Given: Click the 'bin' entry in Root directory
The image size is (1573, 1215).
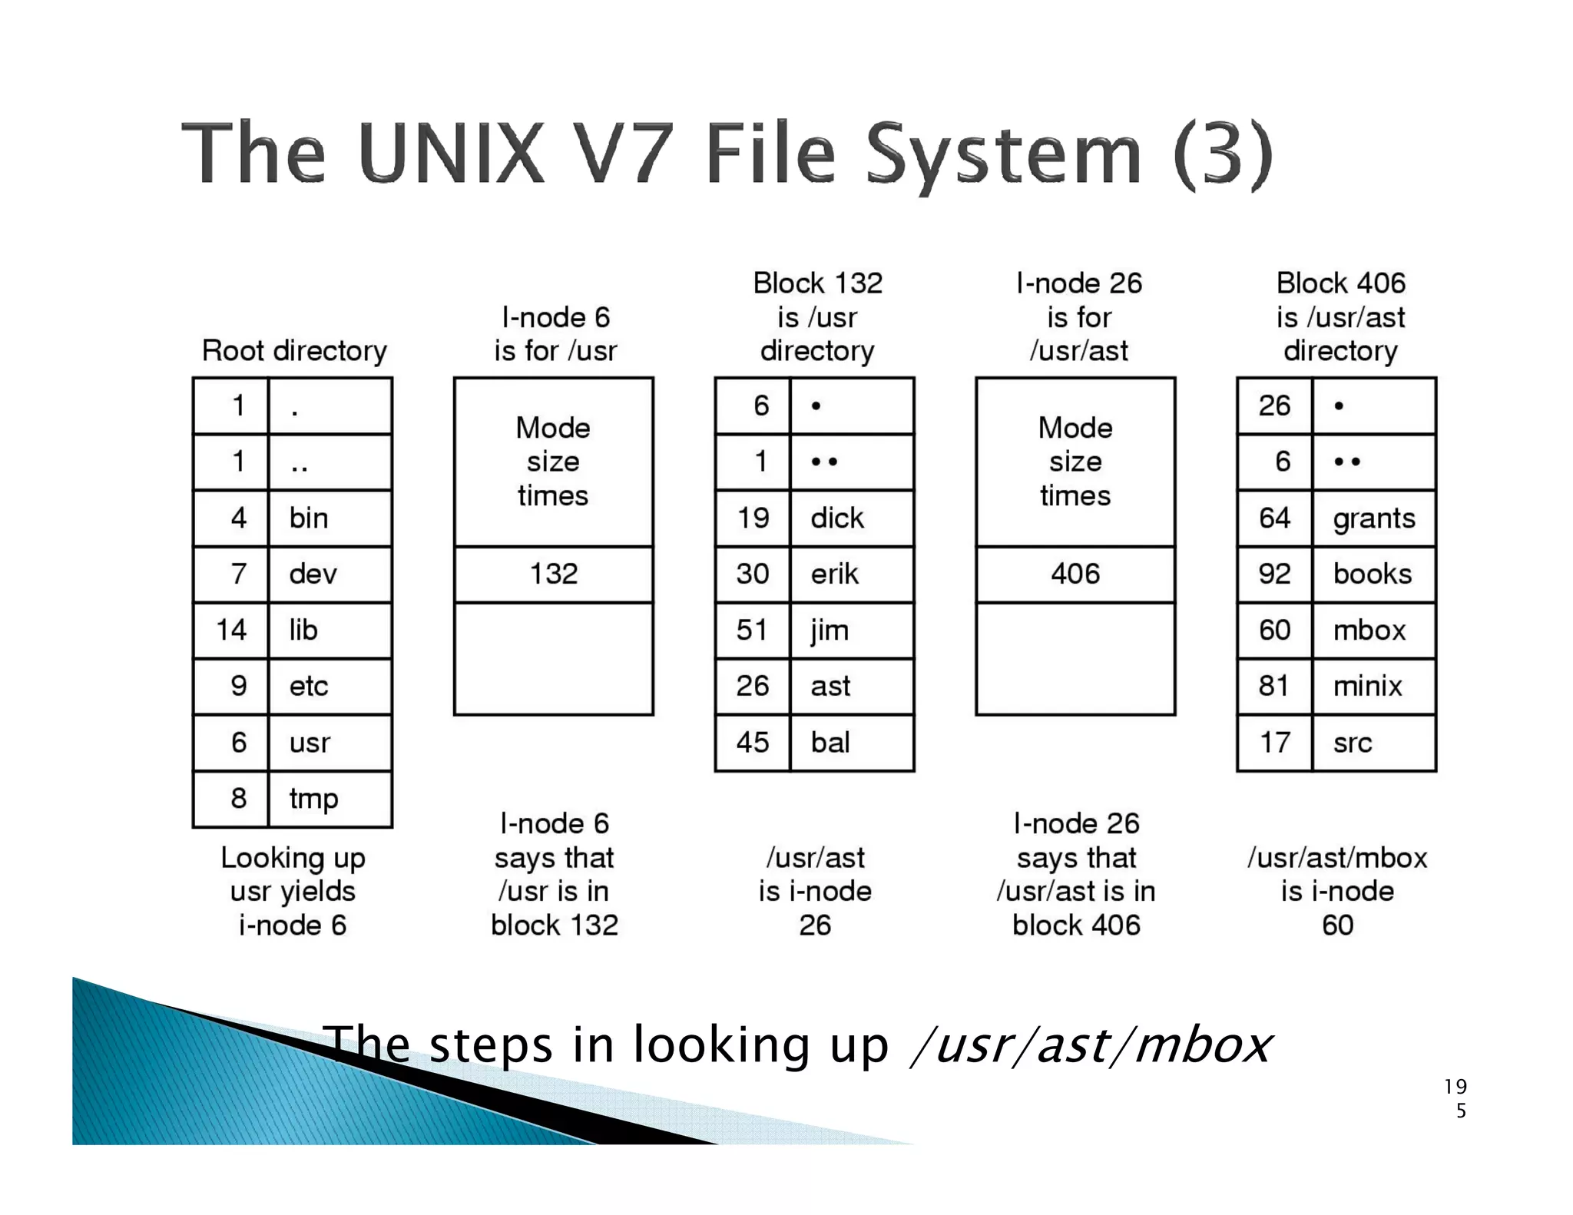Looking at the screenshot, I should [309, 518].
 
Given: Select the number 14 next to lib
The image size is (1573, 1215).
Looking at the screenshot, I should [230, 631].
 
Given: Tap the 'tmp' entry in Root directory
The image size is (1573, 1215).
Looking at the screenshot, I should [313, 799].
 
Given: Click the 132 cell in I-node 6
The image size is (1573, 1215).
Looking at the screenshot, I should [553, 574].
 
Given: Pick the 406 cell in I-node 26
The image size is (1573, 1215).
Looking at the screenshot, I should [1075, 574].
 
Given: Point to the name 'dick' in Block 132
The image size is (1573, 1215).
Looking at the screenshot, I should [836, 518].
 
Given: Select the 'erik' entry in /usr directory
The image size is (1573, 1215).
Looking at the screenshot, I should [834, 574].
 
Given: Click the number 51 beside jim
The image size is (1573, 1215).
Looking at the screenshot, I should [752, 631].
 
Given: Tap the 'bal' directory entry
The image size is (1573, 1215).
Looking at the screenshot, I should [830, 743].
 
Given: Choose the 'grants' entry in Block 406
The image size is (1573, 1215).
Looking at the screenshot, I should [1373, 518].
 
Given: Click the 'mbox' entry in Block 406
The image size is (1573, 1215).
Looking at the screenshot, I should [1369, 631].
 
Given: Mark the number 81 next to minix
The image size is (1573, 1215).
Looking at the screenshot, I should [1273, 686].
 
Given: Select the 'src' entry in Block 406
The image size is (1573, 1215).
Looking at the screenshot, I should [1353, 743].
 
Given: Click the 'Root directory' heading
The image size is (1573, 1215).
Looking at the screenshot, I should [294, 351].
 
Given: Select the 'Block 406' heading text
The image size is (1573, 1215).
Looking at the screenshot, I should [1340, 283].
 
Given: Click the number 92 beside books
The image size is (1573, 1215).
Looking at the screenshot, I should [1273, 574].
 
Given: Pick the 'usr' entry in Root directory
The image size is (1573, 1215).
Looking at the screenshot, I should [310, 743].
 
